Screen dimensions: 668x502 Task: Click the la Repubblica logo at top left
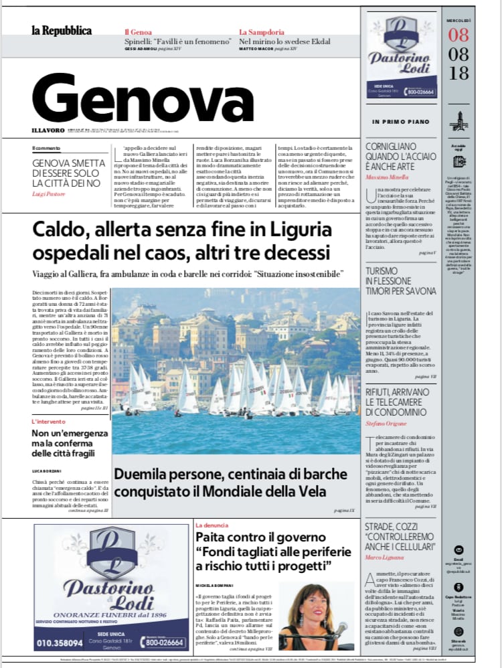(x=61, y=31)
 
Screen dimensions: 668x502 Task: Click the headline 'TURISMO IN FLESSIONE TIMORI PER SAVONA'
(x=400, y=281)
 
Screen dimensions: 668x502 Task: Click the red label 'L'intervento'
(x=48, y=422)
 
